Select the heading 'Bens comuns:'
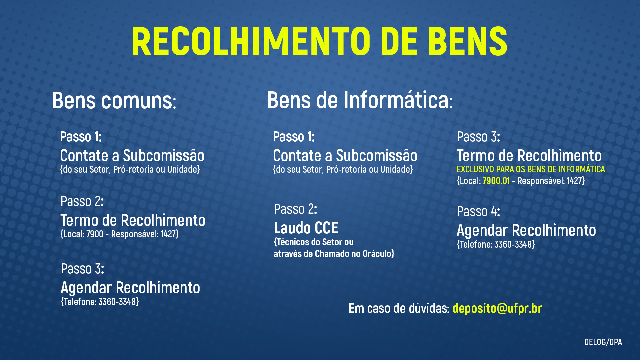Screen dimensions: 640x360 tap(114, 101)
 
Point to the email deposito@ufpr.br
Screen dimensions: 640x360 tap(497, 308)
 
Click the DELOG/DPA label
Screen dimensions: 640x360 tap(603, 342)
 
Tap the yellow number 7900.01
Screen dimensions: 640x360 tap(496, 181)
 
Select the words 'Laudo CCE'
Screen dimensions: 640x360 tap(306, 228)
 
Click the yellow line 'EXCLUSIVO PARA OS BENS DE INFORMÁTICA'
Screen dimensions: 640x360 tap(531, 169)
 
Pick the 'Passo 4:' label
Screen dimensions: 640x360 tap(478, 211)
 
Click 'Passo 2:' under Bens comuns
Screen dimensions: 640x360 tap(82, 201)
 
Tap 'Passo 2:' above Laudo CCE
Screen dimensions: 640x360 tap(295, 209)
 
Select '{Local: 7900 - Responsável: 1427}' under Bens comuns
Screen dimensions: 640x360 tap(119, 234)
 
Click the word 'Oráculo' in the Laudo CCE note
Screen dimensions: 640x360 tap(377, 254)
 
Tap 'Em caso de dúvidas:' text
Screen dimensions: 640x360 tap(399, 308)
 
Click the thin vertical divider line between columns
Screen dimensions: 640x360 tap(243, 206)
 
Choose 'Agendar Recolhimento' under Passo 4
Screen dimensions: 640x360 tap(526, 231)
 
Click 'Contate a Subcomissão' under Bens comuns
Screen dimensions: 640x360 tap(132, 156)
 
